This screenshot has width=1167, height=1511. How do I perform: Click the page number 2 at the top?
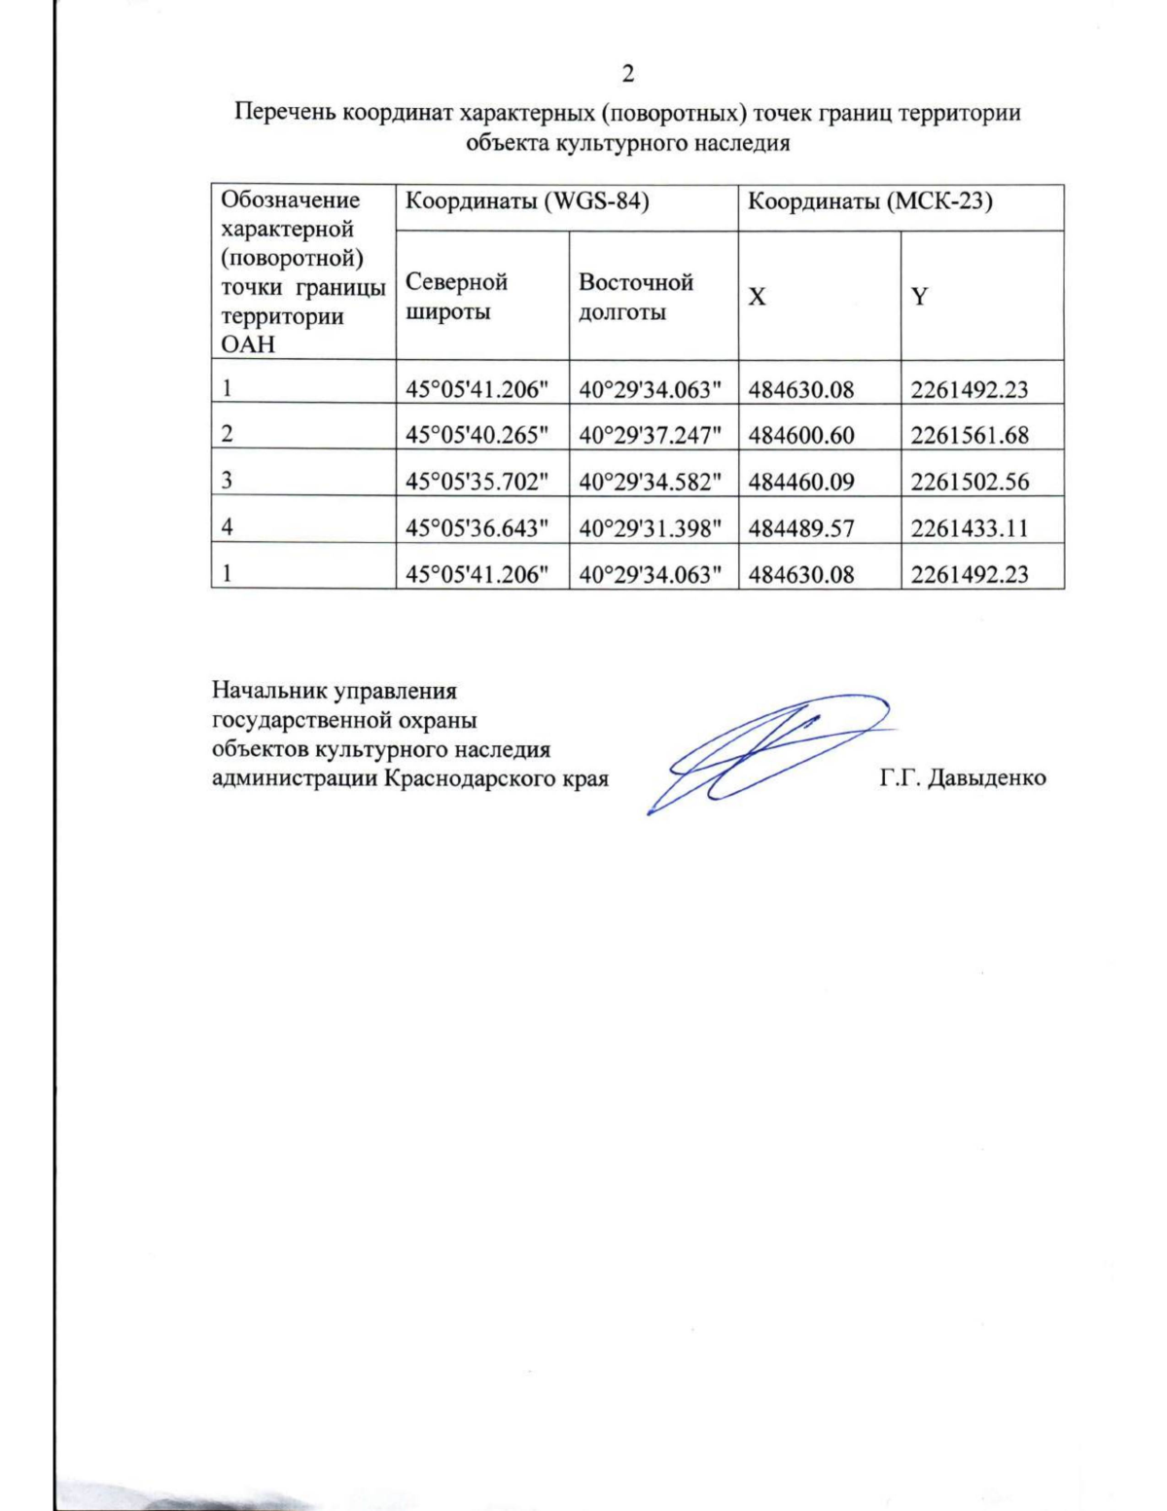627,75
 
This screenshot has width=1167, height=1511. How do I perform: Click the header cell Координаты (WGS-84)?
526,202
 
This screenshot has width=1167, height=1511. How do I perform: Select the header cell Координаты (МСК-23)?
868,202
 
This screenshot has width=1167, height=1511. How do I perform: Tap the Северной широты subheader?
456,297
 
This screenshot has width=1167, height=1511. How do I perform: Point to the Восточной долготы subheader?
635,297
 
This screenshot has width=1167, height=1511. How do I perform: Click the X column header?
756,297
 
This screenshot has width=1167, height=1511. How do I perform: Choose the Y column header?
919,297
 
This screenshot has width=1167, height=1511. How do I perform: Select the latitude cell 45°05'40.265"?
477,435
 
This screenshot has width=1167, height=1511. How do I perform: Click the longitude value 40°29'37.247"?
651,435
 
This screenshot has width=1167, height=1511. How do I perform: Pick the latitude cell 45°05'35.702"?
477,482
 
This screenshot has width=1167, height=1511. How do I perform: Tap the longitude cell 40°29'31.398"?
651,528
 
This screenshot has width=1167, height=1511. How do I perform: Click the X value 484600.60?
800,435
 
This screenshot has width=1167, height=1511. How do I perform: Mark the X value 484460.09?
800,482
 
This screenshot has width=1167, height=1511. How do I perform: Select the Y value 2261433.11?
969,528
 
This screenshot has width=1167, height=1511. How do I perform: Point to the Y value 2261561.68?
969,435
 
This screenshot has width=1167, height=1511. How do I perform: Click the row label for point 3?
227,482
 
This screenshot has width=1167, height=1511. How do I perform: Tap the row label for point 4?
227,528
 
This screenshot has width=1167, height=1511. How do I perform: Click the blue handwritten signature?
759,754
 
